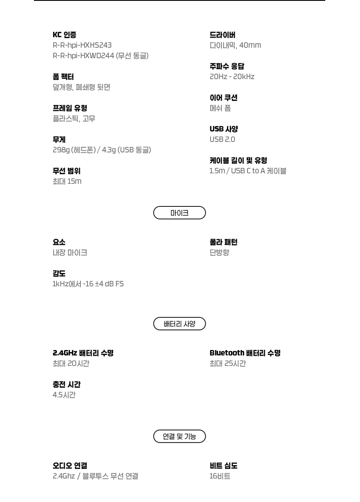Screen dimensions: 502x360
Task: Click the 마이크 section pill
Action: pos(179,213)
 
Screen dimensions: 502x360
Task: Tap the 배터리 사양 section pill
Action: pos(179,324)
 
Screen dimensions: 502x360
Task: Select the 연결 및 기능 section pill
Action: pos(179,436)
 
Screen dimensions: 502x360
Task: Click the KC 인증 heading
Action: pos(64,35)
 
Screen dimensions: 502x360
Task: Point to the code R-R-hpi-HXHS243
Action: pos(82,45)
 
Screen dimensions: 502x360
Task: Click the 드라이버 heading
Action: pos(222,35)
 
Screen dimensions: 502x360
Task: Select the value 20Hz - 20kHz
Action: pos(232,77)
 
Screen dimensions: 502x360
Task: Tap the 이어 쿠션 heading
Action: pos(224,98)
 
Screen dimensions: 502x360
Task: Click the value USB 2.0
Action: pos(222,139)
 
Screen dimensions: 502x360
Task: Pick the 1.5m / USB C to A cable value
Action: pos(248,171)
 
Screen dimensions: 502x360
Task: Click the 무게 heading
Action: pos(59,139)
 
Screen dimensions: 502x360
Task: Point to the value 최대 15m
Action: pos(67,181)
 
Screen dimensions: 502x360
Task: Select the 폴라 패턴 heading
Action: pos(224,242)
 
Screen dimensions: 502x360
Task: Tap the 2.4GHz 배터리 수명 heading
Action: pos(83,353)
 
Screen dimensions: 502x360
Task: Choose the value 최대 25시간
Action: pos(228,363)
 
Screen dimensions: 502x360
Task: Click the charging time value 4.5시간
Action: pos(64,395)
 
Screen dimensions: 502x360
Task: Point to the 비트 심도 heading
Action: pos(224,466)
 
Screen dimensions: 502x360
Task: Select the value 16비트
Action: pos(220,476)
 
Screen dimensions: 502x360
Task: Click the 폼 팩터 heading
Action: pos(63,77)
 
